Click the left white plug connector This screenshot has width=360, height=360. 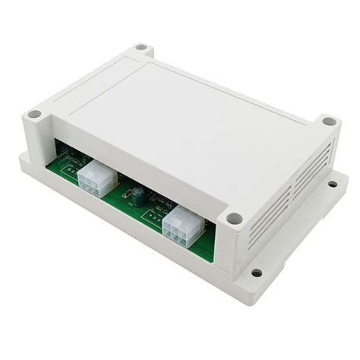(x=96, y=181)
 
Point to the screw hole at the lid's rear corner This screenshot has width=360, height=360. (x=142, y=48)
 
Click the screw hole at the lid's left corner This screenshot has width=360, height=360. (x=35, y=115)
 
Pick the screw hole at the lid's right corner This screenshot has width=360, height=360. (x=328, y=121)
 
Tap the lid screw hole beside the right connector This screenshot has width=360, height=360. (x=235, y=219)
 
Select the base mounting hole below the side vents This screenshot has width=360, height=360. (x=333, y=184)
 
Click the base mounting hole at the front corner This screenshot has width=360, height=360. (x=257, y=273)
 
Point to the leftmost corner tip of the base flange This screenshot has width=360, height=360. (x=20, y=158)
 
